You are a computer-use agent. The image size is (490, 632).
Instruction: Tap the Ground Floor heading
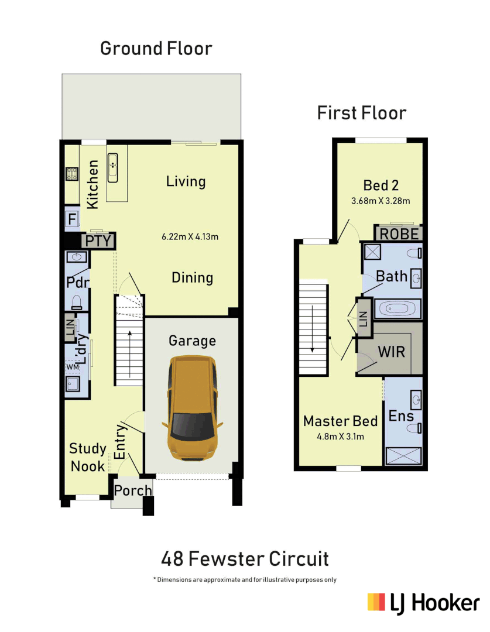[156, 48]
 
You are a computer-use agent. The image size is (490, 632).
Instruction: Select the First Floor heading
[361, 112]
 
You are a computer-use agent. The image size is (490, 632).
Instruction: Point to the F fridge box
[73, 220]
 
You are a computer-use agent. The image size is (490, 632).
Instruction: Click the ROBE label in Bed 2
[399, 234]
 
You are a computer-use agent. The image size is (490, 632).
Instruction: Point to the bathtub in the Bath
[398, 308]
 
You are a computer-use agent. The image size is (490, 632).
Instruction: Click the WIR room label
[391, 352]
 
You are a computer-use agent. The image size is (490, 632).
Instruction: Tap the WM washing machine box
[73, 367]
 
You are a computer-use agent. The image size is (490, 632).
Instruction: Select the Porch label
[133, 490]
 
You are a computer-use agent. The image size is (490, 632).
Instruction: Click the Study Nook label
[88, 458]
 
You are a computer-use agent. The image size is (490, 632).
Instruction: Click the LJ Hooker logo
[423, 603]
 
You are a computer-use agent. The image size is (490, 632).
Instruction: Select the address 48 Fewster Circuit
[245, 559]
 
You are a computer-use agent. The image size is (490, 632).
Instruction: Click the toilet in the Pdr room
[77, 301]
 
